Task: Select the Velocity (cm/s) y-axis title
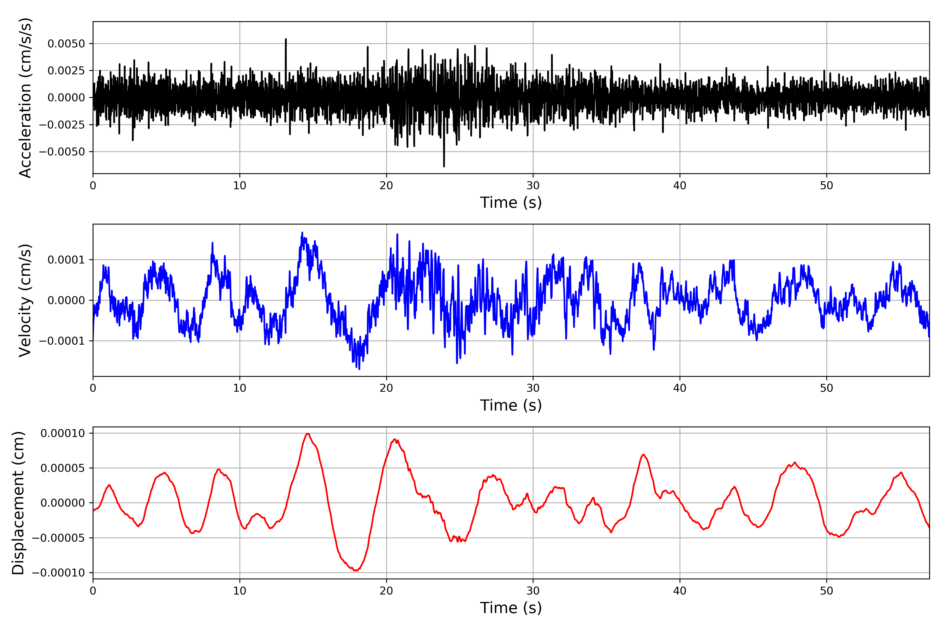click(25, 300)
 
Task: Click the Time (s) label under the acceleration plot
click(511, 203)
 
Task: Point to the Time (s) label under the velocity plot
click(511, 405)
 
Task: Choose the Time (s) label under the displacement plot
click(511, 608)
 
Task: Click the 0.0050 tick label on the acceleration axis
click(66, 44)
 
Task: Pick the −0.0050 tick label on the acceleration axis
click(62, 152)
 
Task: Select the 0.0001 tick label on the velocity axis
click(66, 260)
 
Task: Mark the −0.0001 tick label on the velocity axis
click(62, 341)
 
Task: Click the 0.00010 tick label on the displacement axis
click(63, 433)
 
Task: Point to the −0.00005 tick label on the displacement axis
click(58, 538)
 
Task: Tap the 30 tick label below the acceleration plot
click(533, 186)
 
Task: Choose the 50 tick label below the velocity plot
click(826, 388)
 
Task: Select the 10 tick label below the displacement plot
click(239, 591)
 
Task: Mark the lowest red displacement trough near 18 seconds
click(356, 570)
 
